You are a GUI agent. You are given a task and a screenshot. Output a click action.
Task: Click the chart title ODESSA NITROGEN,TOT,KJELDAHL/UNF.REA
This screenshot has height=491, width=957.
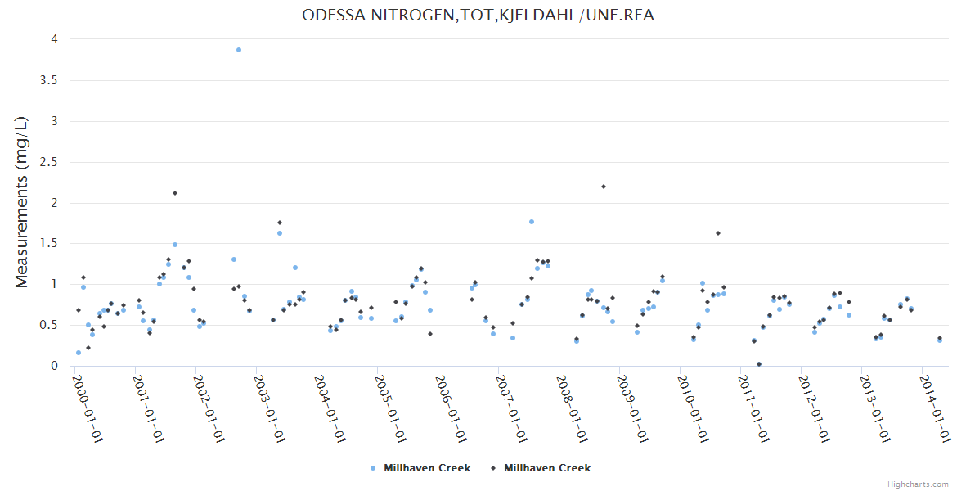(478, 15)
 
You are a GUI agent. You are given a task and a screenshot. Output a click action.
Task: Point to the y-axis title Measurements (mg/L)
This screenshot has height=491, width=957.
(22, 201)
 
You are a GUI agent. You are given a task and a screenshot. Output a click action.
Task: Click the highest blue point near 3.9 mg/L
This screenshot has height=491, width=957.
(239, 50)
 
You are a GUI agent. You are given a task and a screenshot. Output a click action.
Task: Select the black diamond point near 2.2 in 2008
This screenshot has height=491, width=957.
(604, 187)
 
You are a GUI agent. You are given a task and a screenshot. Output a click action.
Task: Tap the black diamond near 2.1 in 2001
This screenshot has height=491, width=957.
(175, 193)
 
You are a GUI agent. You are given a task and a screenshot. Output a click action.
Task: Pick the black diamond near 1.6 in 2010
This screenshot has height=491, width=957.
(718, 233)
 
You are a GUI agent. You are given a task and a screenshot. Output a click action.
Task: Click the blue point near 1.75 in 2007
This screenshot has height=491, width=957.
(532, 222)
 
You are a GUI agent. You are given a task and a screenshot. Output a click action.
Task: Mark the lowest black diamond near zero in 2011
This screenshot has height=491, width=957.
(759, 364)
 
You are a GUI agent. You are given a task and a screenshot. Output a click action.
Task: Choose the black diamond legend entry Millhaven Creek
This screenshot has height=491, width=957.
(541, 468)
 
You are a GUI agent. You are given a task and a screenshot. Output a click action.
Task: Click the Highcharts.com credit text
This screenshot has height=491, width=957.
(918, 484)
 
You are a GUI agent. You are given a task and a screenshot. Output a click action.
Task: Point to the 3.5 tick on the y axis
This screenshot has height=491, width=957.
(48, 80)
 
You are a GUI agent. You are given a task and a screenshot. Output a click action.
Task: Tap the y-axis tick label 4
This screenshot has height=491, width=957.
(53, 39)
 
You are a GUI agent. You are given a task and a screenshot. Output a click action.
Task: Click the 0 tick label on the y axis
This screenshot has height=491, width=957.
(53, 366)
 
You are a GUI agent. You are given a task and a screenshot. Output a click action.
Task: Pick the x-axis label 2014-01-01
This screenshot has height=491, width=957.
(936, 408)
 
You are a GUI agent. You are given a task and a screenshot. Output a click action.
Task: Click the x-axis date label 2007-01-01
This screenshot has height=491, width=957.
(511, 408)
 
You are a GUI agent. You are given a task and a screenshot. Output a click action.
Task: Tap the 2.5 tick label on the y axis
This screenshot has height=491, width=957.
(48, 162)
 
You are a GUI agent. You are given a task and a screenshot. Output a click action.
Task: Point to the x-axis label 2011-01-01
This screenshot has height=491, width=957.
(753, 408)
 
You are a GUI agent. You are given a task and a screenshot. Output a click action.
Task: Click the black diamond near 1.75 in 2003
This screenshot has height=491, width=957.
(280, 223)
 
